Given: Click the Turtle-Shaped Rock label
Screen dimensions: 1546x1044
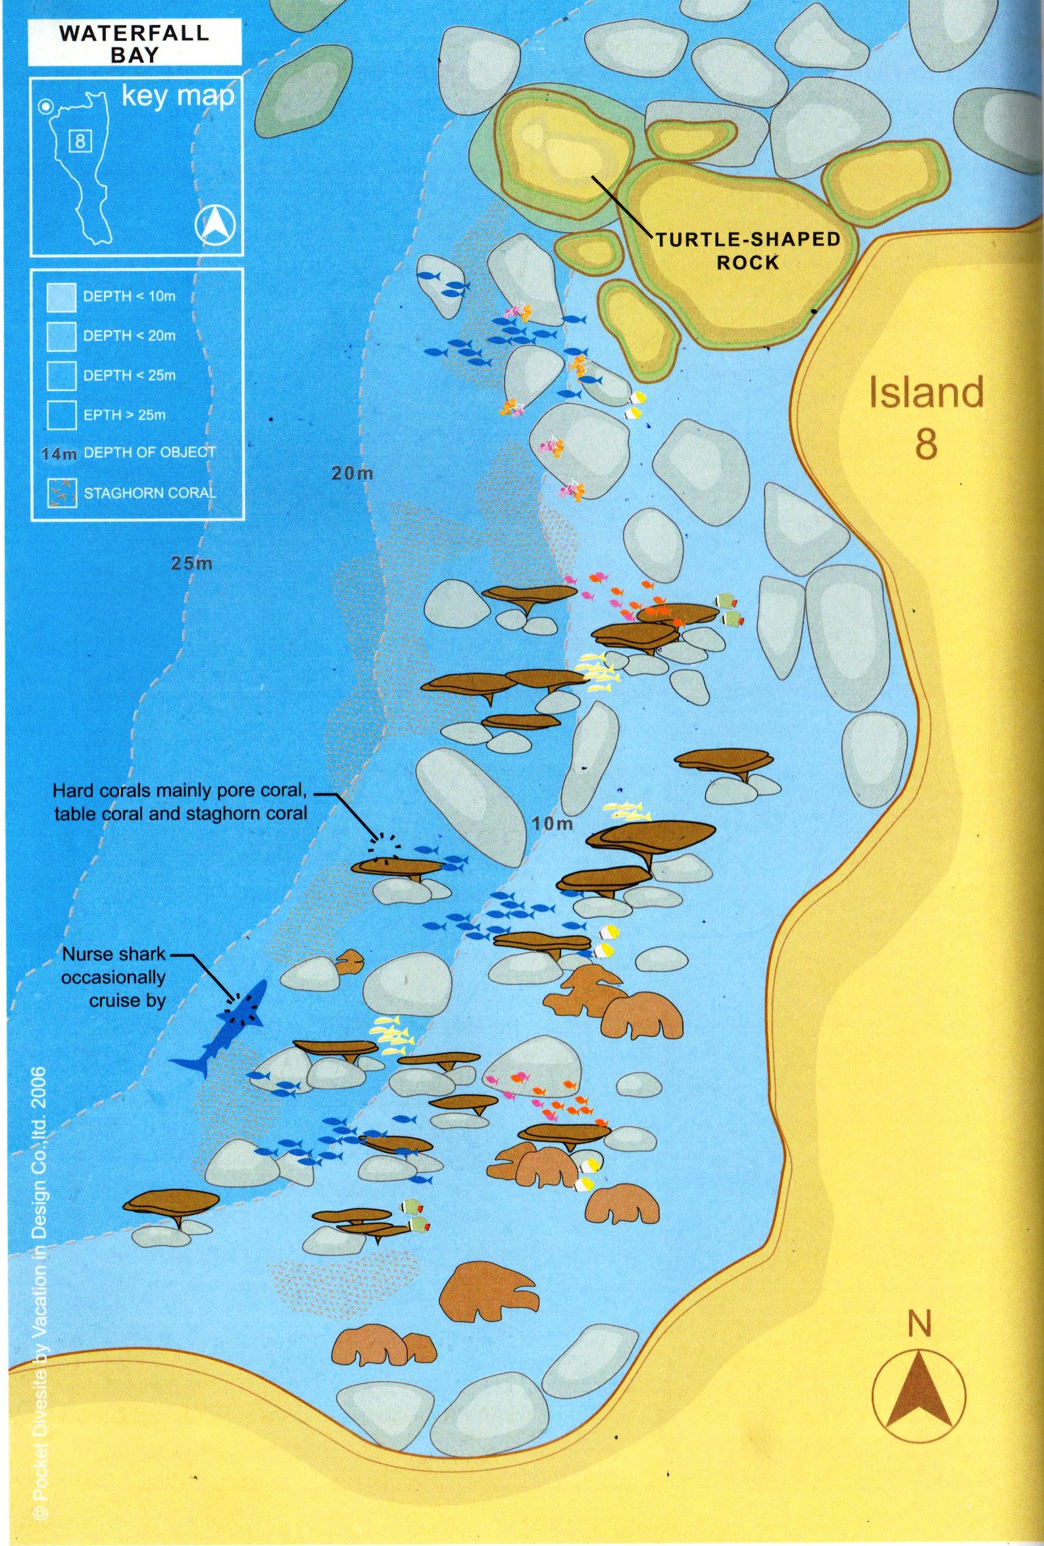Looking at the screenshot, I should (x=748, y=251).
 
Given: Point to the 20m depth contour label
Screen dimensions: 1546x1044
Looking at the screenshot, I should (x=352, y=473).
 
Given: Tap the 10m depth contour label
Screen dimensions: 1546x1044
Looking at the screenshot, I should (x=553, y=824).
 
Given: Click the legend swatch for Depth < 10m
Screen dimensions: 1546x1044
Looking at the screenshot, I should (x=61, y=297).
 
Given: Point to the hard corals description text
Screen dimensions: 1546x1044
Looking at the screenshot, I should (x=180, y=802).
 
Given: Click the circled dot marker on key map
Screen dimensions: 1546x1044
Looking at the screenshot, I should (x=45, y=107).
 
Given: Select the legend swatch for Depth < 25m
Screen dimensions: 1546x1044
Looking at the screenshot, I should (x=61, y=375).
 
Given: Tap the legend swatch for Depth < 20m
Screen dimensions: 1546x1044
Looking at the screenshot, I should (x=61, y=336).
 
